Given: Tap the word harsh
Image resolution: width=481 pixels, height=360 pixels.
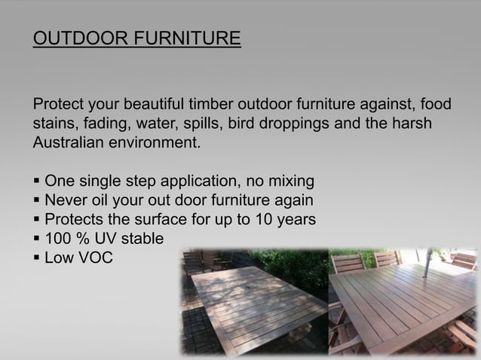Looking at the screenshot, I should pos(408,123).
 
